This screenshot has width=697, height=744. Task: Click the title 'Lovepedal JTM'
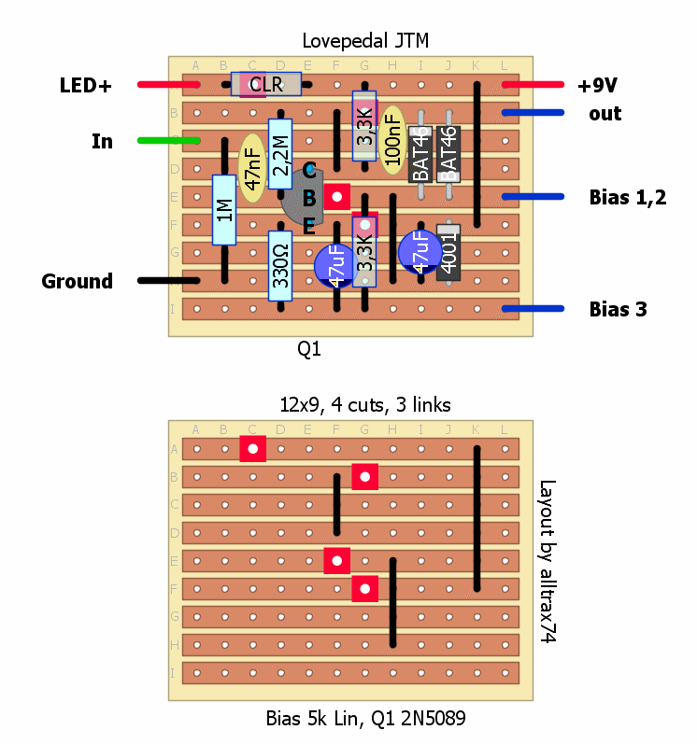365,41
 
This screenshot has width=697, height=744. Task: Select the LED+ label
85,86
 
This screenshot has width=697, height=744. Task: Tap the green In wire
168,141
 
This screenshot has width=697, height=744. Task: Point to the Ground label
78,281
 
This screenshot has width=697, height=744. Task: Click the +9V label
599,86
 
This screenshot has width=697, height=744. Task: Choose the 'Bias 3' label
618,309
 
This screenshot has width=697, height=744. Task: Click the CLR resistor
266,85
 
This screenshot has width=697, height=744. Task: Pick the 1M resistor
224,210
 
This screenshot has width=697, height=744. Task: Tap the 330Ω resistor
280,267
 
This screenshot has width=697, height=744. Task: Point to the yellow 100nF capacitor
392,140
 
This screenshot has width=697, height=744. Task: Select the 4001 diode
448,253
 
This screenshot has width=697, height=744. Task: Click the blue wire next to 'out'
533,113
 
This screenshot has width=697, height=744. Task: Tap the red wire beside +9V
533,85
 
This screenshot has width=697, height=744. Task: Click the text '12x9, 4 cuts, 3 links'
365,404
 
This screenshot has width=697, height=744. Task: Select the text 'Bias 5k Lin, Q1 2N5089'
365,719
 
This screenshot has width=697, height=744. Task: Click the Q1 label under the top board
309,349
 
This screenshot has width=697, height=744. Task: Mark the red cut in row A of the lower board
252,449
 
